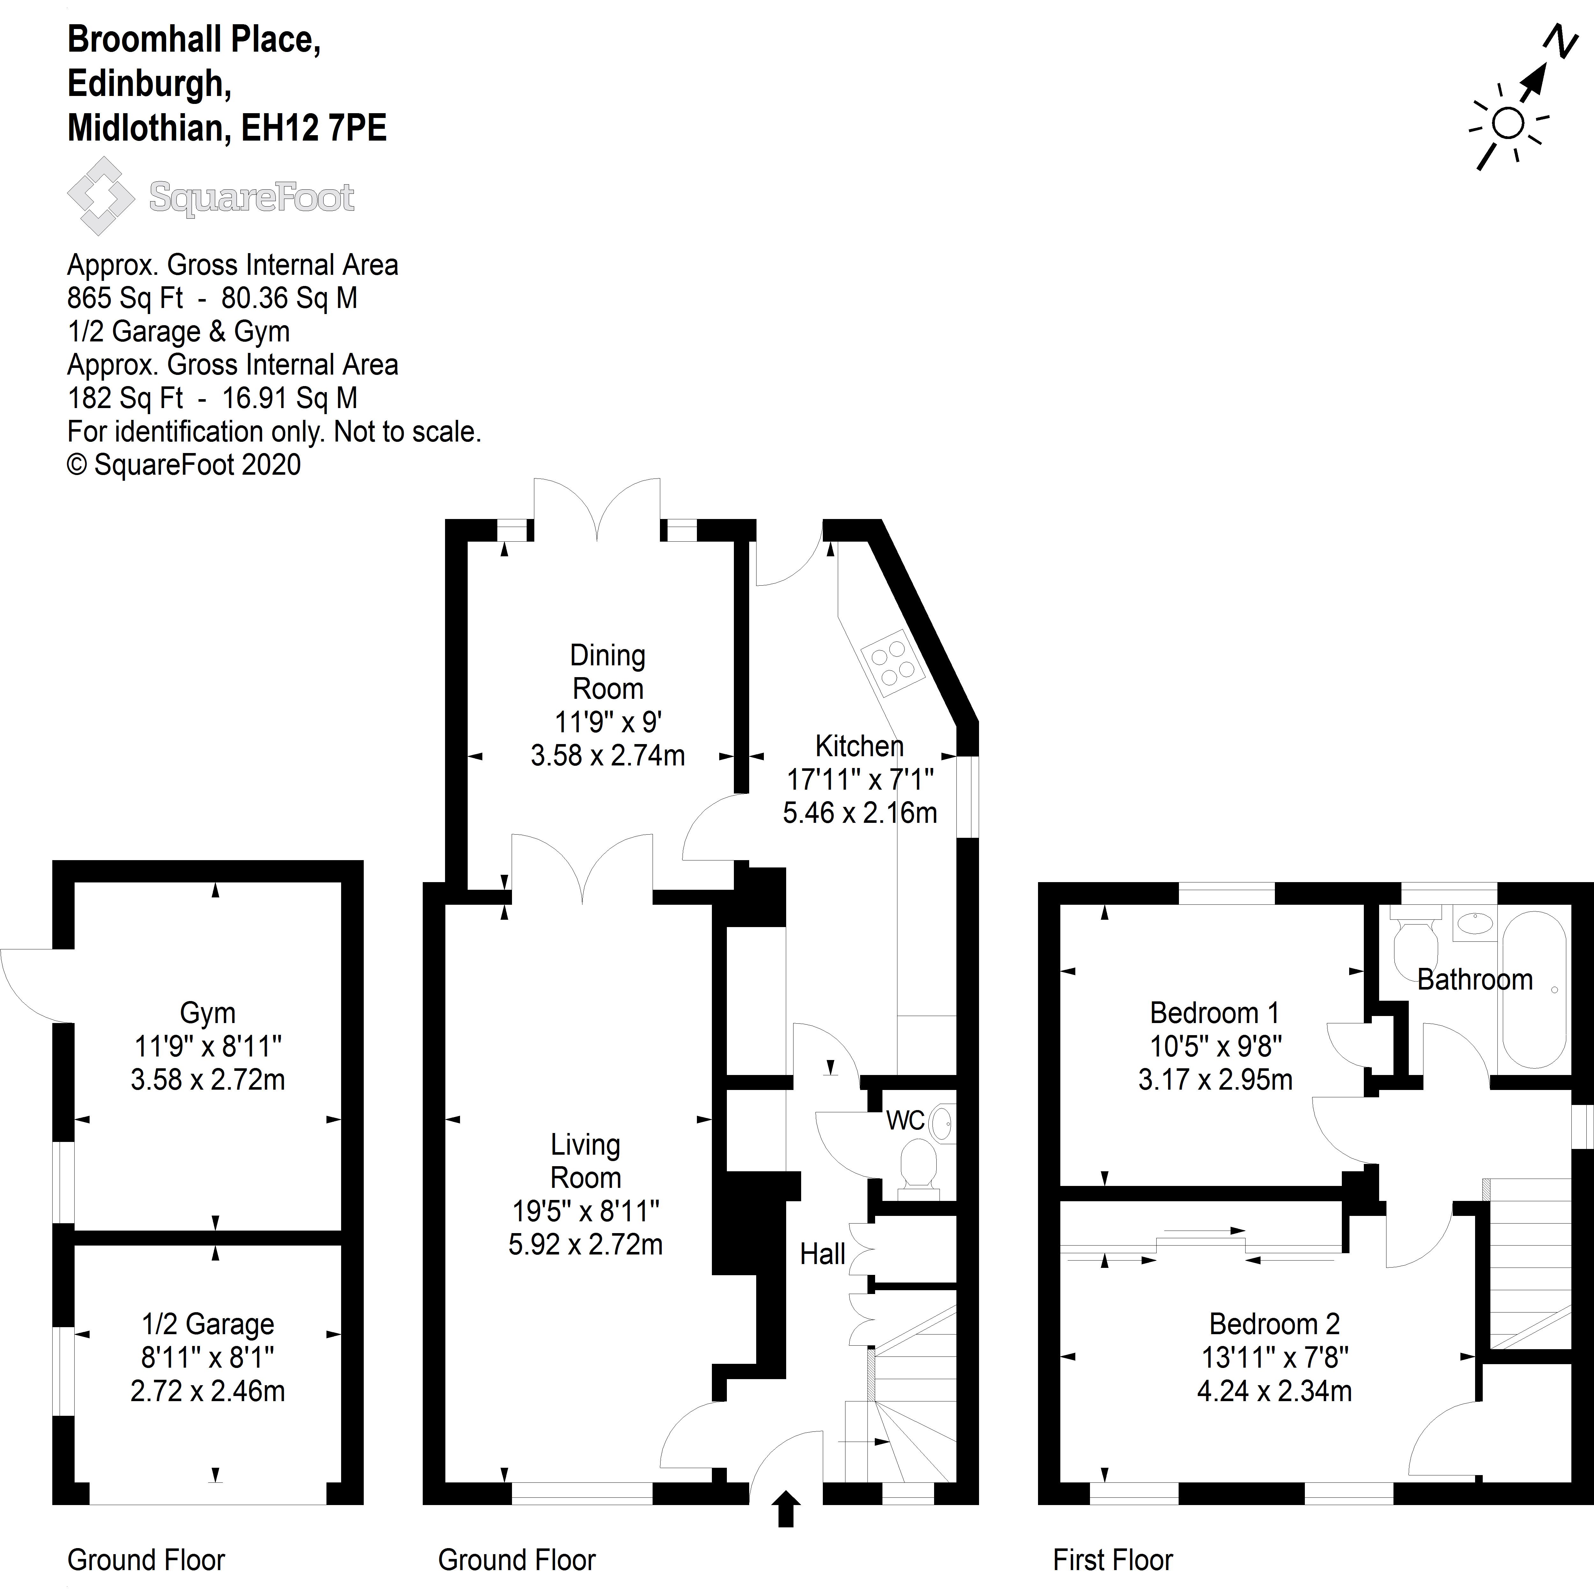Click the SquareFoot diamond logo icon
pyautogui.click(x=101, y=196)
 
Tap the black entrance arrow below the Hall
pyautogui.click(x=786, y=1508)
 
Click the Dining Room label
pyautogui.click(x=608, y=672)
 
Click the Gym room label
pyautogui.click(x=208, y=1013)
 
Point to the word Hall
pyautogui.click(x=823, y=1254)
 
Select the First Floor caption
pyautogui.click(x=1113, y=1560)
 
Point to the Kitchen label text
pyautogui.click(x=860, y=746)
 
